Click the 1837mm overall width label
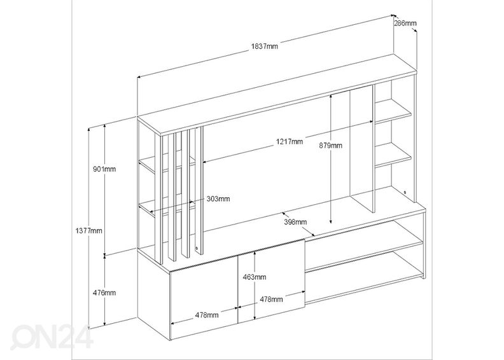click(x=263, y=46)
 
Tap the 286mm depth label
click(x=405, y=24)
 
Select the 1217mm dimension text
click(x=289, y=141)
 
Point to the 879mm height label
click(x=330, y=145)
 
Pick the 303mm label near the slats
click(x=218, y=198)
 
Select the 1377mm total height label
click(x=88, y=230)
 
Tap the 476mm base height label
click(x=104, y=293)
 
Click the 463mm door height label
click(x=255, y=277)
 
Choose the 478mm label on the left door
click(x=207, y=314)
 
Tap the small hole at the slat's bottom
click(x=196, y=247)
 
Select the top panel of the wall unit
click(x=274, y=95)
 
